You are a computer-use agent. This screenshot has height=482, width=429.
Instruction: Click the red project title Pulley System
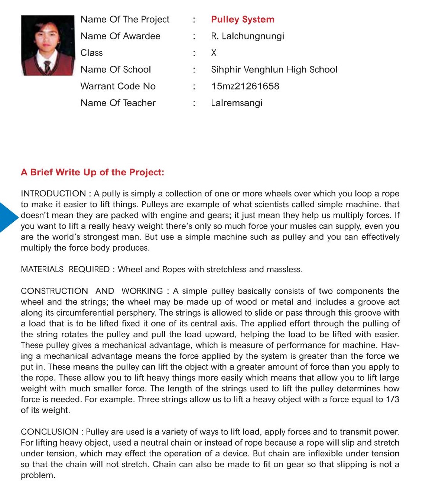[x=243, y=19]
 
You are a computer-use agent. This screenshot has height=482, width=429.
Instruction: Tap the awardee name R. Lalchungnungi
[x=247, y=36]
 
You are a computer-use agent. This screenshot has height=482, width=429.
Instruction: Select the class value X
[x=214, y=53]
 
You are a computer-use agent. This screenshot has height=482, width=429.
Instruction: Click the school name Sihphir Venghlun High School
[x=274, y=69]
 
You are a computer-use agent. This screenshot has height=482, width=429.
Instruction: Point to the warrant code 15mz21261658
[x=245, y=86]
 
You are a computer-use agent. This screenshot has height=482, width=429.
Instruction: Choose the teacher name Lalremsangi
[x=237, y=103]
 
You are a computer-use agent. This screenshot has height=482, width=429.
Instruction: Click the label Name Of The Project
[x=125, y=19]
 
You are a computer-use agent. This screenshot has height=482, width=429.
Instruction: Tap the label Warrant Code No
[x=118, y=86]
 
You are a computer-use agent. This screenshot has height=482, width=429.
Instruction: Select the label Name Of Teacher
[x=118, y=103]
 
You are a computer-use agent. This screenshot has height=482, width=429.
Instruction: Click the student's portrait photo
[x=48, y=45]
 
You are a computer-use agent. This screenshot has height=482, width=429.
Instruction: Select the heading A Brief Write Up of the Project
[x=92, y=172]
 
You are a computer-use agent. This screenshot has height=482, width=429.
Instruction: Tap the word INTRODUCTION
[x=53, y=193]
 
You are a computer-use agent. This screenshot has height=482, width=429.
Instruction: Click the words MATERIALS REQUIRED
[x=65, y=269]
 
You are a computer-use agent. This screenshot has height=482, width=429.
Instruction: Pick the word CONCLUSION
[x=49, y=432]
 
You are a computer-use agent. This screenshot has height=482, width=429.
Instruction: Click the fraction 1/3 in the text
[x=393, y=400]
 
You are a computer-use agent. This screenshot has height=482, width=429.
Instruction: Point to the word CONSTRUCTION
[x=54, y=291]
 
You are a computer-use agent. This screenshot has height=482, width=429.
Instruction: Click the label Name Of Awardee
[x=120, y=36]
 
